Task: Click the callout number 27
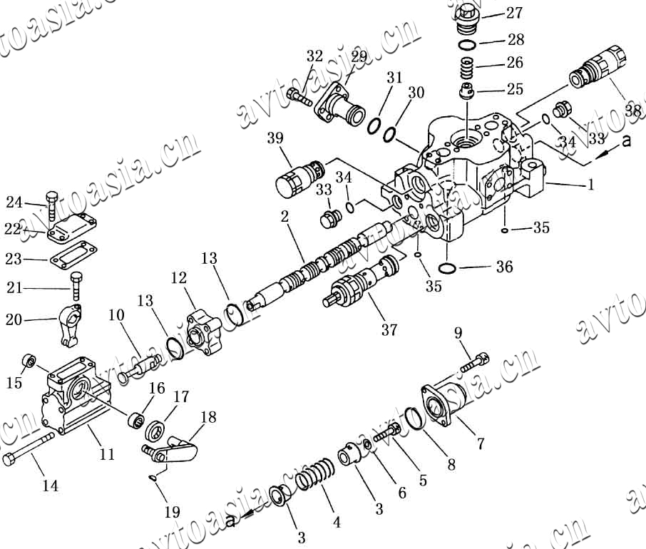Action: [514, 13]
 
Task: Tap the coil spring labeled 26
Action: [466, 68]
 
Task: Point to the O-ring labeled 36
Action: [446, 269]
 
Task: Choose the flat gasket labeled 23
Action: [73, 255]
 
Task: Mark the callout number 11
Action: [107, 453]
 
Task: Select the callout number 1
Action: [590, 185]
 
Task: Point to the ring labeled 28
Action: [468, 45]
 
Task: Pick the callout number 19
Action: [171, 511]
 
